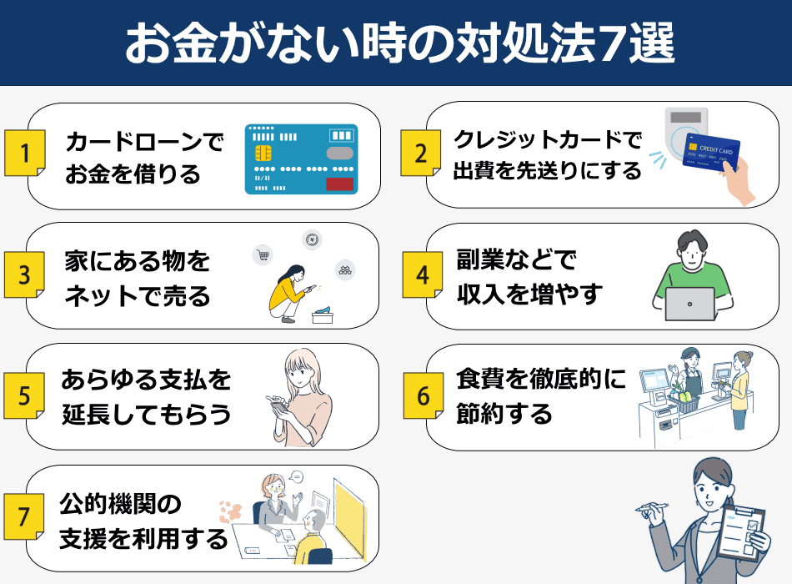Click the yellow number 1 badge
coord(25,154)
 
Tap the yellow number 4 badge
coord(424,275)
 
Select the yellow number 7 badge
coord(25,517)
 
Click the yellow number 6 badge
coord(424,396)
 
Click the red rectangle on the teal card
coord(338,184)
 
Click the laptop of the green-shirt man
coord(689,304)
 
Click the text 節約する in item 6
coord(504,413)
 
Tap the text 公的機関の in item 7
coord(120,502)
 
